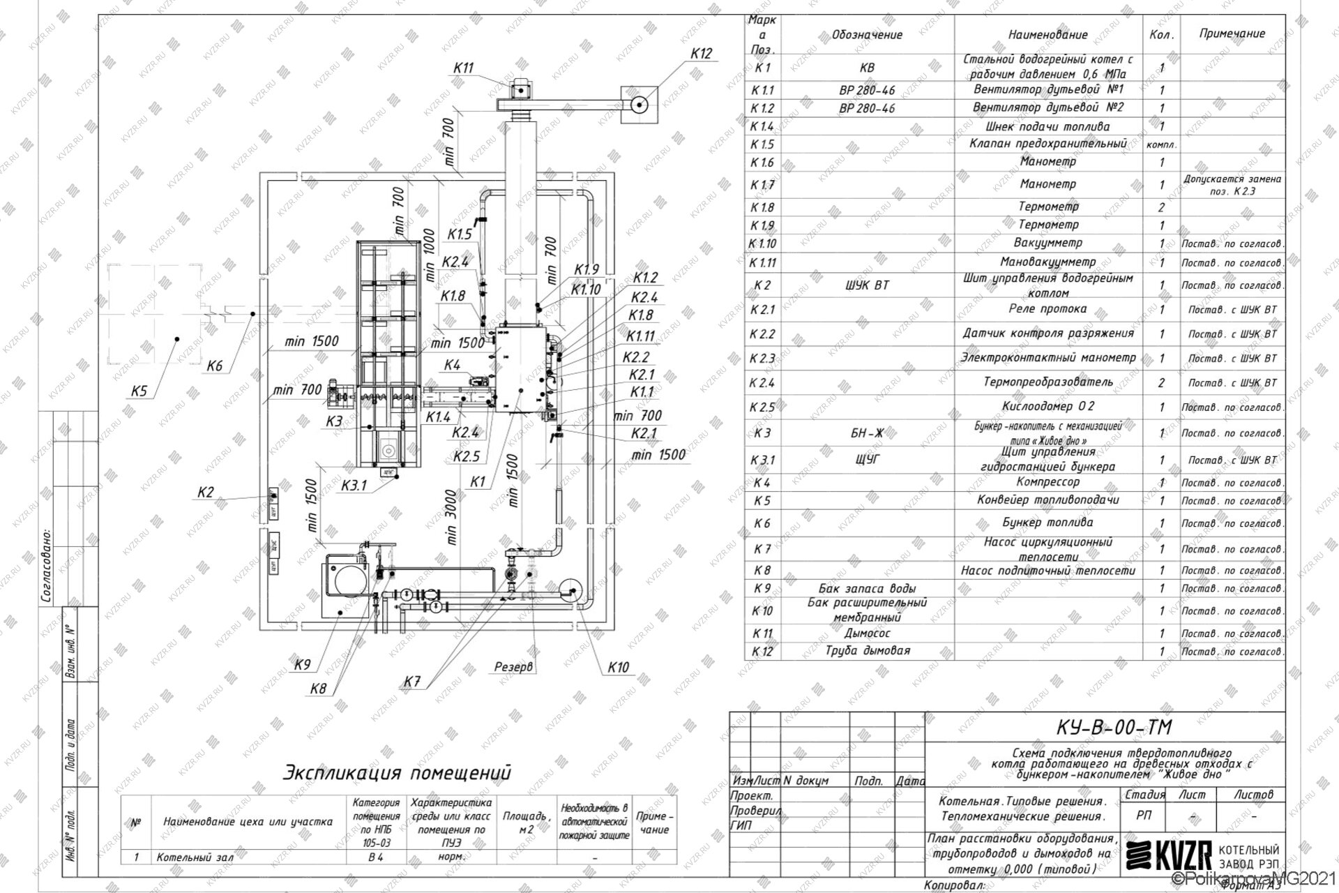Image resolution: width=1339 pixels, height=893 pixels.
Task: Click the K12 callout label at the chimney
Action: tap(701, 54)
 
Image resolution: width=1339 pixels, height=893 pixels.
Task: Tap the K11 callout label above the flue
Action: tap(463, 68)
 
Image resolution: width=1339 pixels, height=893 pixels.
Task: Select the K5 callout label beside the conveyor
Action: tap(139, 391)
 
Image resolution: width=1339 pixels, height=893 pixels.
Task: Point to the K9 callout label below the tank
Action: tap(302, 665)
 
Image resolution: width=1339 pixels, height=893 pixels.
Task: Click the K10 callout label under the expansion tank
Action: tap(618, 668)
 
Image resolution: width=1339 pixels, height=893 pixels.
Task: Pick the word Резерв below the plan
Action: tap(513, 667)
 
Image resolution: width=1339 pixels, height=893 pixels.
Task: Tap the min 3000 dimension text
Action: tap(451, 517)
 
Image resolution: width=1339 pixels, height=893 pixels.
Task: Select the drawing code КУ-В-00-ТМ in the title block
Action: tap(1105, 728)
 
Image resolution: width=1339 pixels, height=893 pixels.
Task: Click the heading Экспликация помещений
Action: tap(397, 773)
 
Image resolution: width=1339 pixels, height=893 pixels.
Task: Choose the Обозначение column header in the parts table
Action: tap(867, 35)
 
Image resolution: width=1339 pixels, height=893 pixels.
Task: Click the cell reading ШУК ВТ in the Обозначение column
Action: tap(867, 285)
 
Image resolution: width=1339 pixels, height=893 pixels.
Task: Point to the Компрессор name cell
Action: tap(1047, 482)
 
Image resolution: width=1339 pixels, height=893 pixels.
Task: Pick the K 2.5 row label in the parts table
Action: tap(762, 407)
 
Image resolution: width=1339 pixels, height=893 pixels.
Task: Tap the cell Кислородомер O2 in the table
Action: tap(1047, 407)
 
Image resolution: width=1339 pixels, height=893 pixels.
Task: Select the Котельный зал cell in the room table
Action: tap(195, 857)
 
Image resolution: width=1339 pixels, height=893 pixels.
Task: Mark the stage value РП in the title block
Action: tap(1144, 816)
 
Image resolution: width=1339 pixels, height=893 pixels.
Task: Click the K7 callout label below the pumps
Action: tap(412, 682)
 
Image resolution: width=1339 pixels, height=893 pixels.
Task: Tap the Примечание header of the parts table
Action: tap(1232, 33)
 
